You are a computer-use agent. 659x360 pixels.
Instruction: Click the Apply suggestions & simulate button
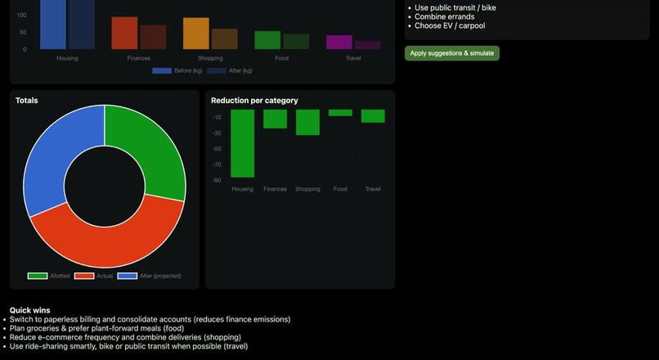451,53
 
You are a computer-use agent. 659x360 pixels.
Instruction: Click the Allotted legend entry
49,277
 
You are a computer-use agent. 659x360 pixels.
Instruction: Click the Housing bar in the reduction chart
242,143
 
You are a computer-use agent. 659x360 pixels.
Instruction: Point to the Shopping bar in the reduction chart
307,122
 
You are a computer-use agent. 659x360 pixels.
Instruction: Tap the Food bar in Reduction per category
340,113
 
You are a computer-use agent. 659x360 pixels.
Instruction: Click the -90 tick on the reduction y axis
217,180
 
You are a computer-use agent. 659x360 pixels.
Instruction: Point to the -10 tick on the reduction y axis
217,117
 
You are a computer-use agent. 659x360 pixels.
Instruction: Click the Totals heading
26,101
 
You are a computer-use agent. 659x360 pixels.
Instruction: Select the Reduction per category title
254,101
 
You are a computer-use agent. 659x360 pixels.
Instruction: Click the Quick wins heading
29,310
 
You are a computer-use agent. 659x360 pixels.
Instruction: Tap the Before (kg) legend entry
177,71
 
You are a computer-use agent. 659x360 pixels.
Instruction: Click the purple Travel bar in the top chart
338,42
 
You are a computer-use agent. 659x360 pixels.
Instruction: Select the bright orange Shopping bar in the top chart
195,34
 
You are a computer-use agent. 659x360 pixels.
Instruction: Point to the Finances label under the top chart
138,58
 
